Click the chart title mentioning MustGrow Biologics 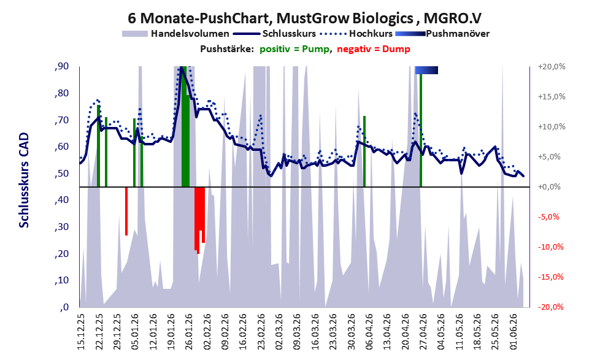305,18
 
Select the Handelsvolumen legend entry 175,34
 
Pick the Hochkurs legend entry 356,34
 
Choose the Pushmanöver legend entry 442,34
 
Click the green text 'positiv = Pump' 294,49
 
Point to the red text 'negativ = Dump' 374,49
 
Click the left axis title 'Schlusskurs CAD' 24,180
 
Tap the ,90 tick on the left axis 61,66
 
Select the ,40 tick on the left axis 61,200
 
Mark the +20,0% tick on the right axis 552,67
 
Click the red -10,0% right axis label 550,247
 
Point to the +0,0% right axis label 549,187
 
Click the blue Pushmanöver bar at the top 426,70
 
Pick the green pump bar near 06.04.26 364,151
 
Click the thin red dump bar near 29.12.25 126,211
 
